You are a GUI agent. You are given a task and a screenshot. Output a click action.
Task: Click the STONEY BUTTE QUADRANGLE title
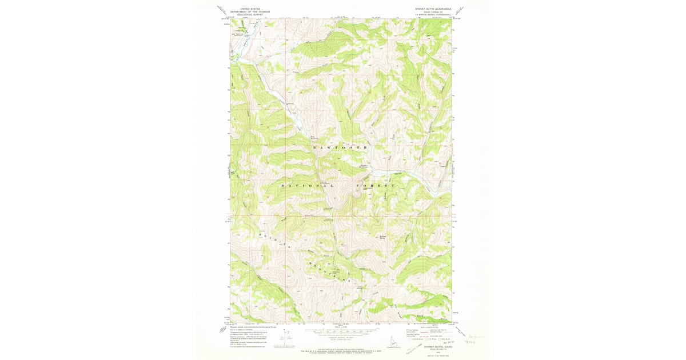pyautogui.click(x=433, y=9)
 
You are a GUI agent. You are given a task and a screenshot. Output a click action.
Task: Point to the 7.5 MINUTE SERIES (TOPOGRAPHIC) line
pyautogui.click(x=433, y=14)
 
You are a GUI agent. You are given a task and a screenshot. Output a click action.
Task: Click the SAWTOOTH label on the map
pyautogui.click(x=340, y=147)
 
